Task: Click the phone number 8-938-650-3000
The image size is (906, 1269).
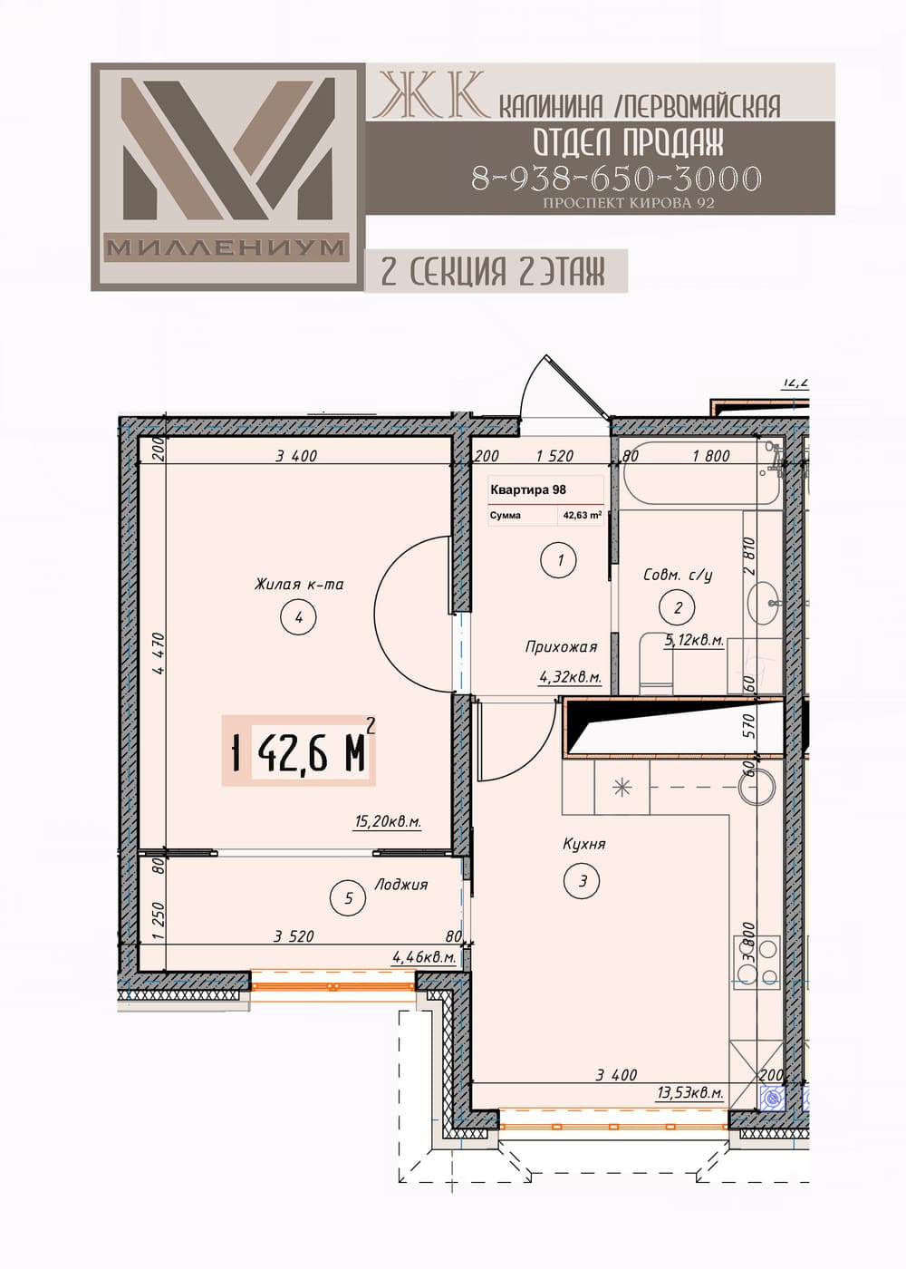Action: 616,178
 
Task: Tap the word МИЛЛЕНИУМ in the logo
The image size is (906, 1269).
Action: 226,247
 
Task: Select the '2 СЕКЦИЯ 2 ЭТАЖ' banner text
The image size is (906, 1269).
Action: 493,271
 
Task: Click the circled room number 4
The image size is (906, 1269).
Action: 298,617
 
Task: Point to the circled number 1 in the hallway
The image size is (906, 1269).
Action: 560,560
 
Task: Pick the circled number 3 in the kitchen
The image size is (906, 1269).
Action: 582,881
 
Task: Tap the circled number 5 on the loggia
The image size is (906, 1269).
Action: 348,898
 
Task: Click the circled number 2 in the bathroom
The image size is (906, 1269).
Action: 678,608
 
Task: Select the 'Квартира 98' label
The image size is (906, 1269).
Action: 527,490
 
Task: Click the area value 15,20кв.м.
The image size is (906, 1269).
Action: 388,822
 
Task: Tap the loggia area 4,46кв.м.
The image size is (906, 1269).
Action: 425,957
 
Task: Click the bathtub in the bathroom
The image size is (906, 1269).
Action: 700,477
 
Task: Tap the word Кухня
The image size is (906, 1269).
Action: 583,844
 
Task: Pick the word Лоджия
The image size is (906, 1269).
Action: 400,885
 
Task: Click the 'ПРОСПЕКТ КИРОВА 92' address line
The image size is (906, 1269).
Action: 629,203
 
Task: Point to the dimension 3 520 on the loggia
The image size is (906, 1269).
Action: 294,935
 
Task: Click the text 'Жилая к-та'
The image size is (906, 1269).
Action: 299,584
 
